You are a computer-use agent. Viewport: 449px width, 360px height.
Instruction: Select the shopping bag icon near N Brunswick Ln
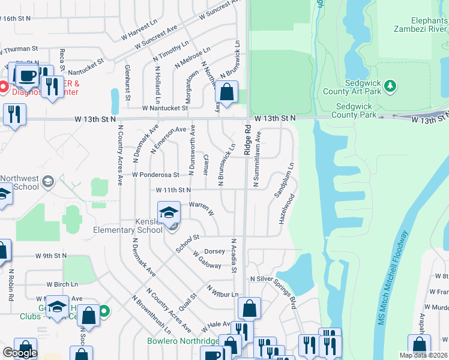226,93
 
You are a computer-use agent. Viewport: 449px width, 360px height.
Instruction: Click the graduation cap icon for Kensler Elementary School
169,212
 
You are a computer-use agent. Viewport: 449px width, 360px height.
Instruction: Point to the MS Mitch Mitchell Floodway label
392,278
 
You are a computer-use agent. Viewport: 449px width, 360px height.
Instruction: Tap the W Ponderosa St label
155,175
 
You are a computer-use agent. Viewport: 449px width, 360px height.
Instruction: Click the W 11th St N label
173,190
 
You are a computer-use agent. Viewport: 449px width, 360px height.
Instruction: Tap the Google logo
19,353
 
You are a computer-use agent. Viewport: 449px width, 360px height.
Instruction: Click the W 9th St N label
51,256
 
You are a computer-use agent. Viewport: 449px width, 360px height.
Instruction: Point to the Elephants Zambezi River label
420,24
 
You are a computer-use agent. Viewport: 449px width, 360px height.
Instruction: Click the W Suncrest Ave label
156,37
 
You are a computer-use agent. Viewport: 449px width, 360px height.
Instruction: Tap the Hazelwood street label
287,209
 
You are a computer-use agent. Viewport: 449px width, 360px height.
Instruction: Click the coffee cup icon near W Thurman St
26,76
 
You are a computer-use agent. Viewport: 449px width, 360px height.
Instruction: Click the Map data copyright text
421,355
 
